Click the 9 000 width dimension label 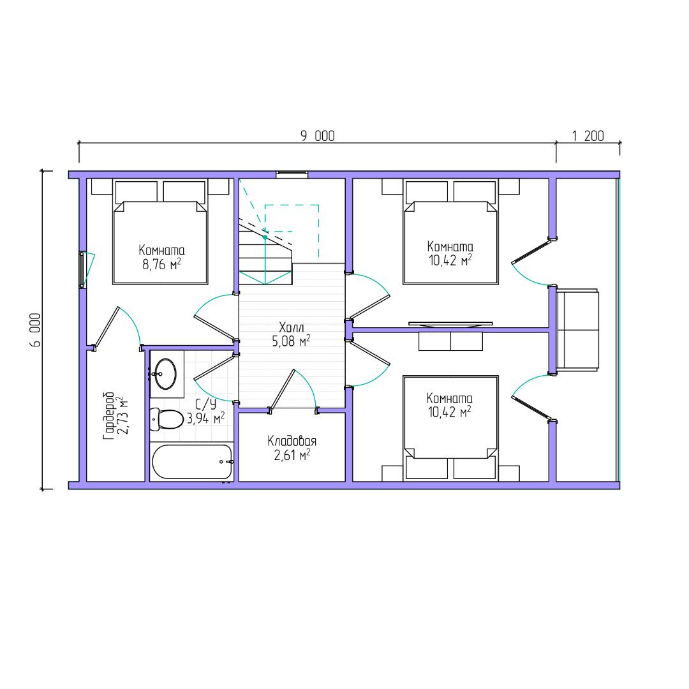click(317, 136)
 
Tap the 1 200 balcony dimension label click(588, 136)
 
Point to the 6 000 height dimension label click(36, 330)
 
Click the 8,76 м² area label click(161, 265)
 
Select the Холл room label click(292, 327)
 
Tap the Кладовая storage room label click(292, 441)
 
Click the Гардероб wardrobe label click(108, 416)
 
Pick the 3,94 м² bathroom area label click(205, 418)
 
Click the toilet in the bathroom click(166, 419)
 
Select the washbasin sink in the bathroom click(166, 374)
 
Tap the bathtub click(192, 462)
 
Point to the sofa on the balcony click(577, 330)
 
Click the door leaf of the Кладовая click(282, 389)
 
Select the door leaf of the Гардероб click(107, 326)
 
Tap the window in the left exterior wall click(82, 270)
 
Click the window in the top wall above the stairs click(292, 174)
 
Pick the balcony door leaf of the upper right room click(531, 251)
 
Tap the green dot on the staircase click(265, 237)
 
